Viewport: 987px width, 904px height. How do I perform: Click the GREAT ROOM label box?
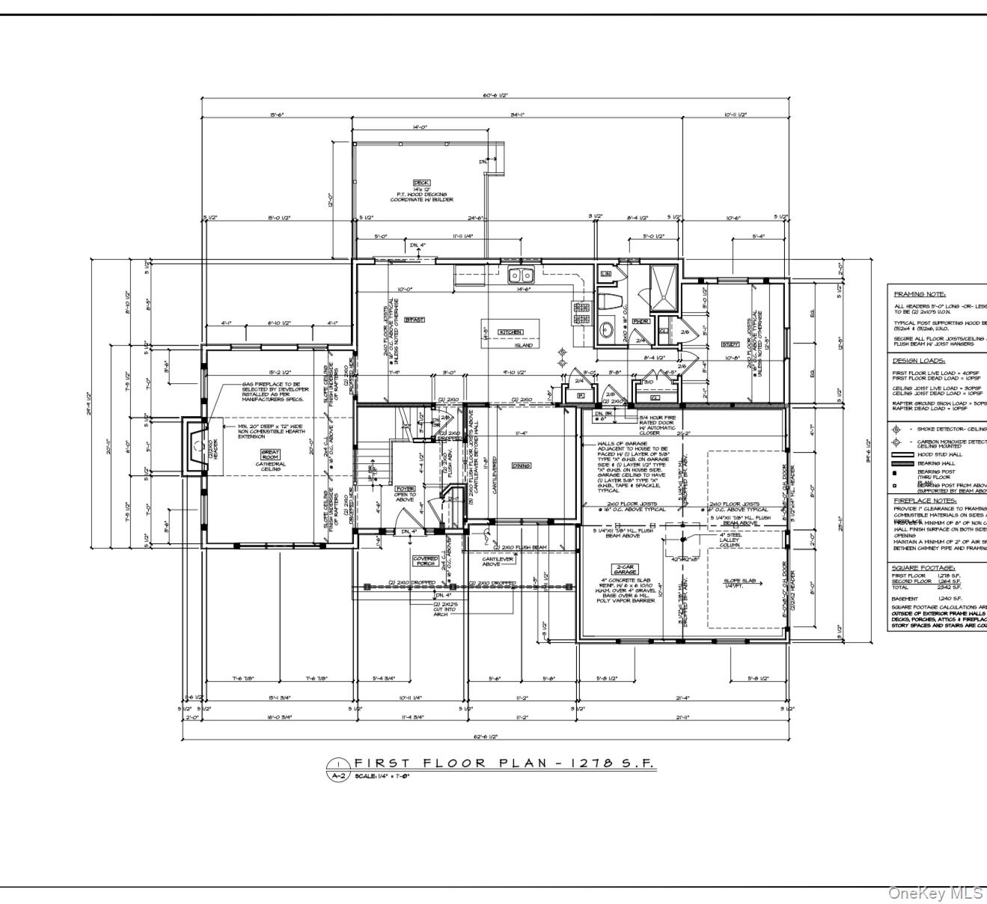(x=270, y=454)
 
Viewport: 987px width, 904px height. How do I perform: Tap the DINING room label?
(x=522, y=465)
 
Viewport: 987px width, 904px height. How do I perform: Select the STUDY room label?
(x=730, y=345)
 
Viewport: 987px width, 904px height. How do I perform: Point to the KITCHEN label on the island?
(x=510, y=332)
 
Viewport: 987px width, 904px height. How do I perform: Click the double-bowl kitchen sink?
(x=521, y=276)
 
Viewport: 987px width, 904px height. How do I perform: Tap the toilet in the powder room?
(x=612, y=302)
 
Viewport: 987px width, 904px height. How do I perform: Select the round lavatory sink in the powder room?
(x=608, y=330)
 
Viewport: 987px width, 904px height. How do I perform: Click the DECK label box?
(x=421, y=183)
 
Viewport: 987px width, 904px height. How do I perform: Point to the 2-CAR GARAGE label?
(x=626, y=569)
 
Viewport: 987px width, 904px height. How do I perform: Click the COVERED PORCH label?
(x=425, y=560)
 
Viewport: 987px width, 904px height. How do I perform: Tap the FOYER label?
(x=405, y=489)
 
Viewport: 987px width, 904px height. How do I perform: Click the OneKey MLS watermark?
(x=935, y=893)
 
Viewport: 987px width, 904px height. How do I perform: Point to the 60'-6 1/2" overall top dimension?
(x=494, y=96)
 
